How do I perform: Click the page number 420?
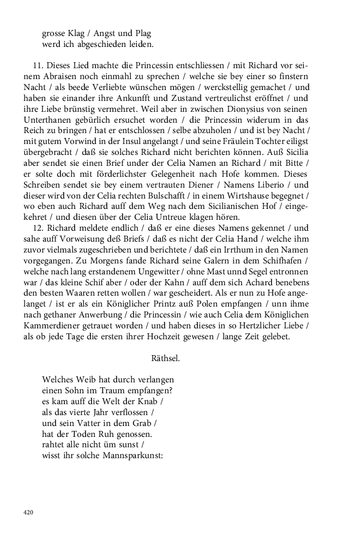pos(28,512)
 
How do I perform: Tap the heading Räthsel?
pos(165,358)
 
